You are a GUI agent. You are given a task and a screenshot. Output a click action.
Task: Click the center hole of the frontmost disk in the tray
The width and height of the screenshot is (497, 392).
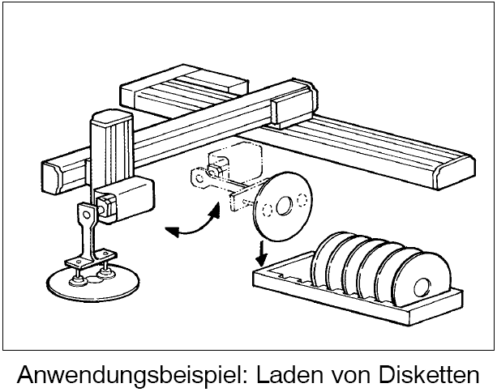pyautogui.click(x=422, y=286)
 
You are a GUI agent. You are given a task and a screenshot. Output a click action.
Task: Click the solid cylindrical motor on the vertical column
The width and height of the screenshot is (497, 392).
pyautogui.click(x=126, y=198)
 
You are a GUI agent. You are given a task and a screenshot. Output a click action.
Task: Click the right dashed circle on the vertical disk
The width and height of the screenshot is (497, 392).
pyautogui.click(x=303, y=199)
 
